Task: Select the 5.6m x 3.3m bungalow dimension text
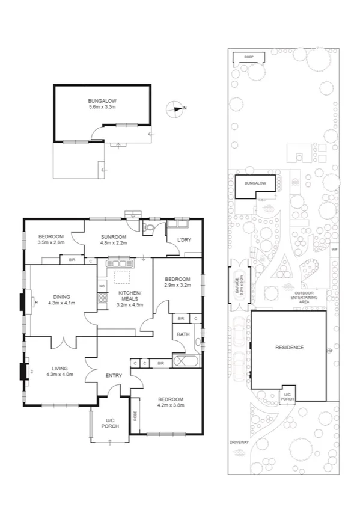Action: [x=102, y=106]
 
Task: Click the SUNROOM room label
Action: [x=114, y=237]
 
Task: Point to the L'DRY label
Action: [x=184, y=241]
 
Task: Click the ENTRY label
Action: [x=114, y=375]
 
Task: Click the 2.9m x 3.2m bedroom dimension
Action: [x=177, y=284]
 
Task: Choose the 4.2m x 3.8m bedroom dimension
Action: [x=171, y=405]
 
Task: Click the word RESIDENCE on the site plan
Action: [x=289, y=348]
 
